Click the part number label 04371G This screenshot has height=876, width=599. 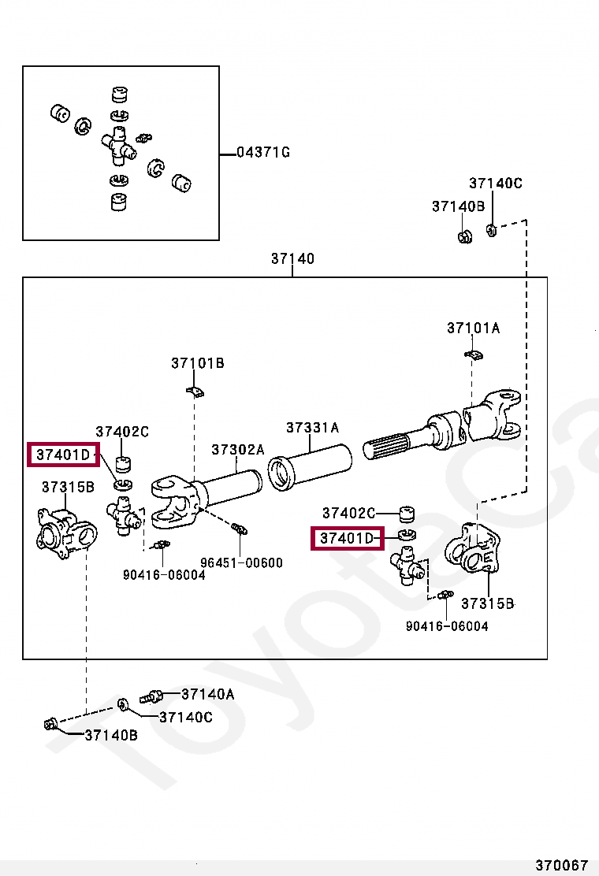click(263, 152)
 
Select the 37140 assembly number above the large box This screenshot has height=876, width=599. click(292, 258)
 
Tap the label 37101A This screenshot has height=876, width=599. click(473, 328)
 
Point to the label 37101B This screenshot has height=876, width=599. click(198, 363)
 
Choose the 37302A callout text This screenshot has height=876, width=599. click(237, 449)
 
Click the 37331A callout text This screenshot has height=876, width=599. click(312, 428)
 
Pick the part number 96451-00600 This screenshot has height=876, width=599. click(241, 563)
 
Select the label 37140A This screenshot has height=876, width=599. click(207, 694)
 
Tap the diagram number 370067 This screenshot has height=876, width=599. click(562, 865)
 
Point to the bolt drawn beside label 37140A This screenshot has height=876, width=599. click(151, 696)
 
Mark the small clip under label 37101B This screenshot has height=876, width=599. click(195, 391)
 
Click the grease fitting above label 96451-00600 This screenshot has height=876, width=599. click(240, 528)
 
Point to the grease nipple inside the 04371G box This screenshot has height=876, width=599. click(143, 138)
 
